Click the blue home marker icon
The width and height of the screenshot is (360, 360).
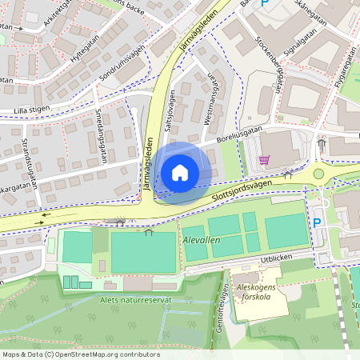[180, 172]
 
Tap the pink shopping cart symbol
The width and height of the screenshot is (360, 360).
[263, 160]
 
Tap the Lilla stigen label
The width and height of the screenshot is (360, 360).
[31, 111]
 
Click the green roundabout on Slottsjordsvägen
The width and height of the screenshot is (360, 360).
[319, 173]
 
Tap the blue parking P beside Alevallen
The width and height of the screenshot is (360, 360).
[317, 222]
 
